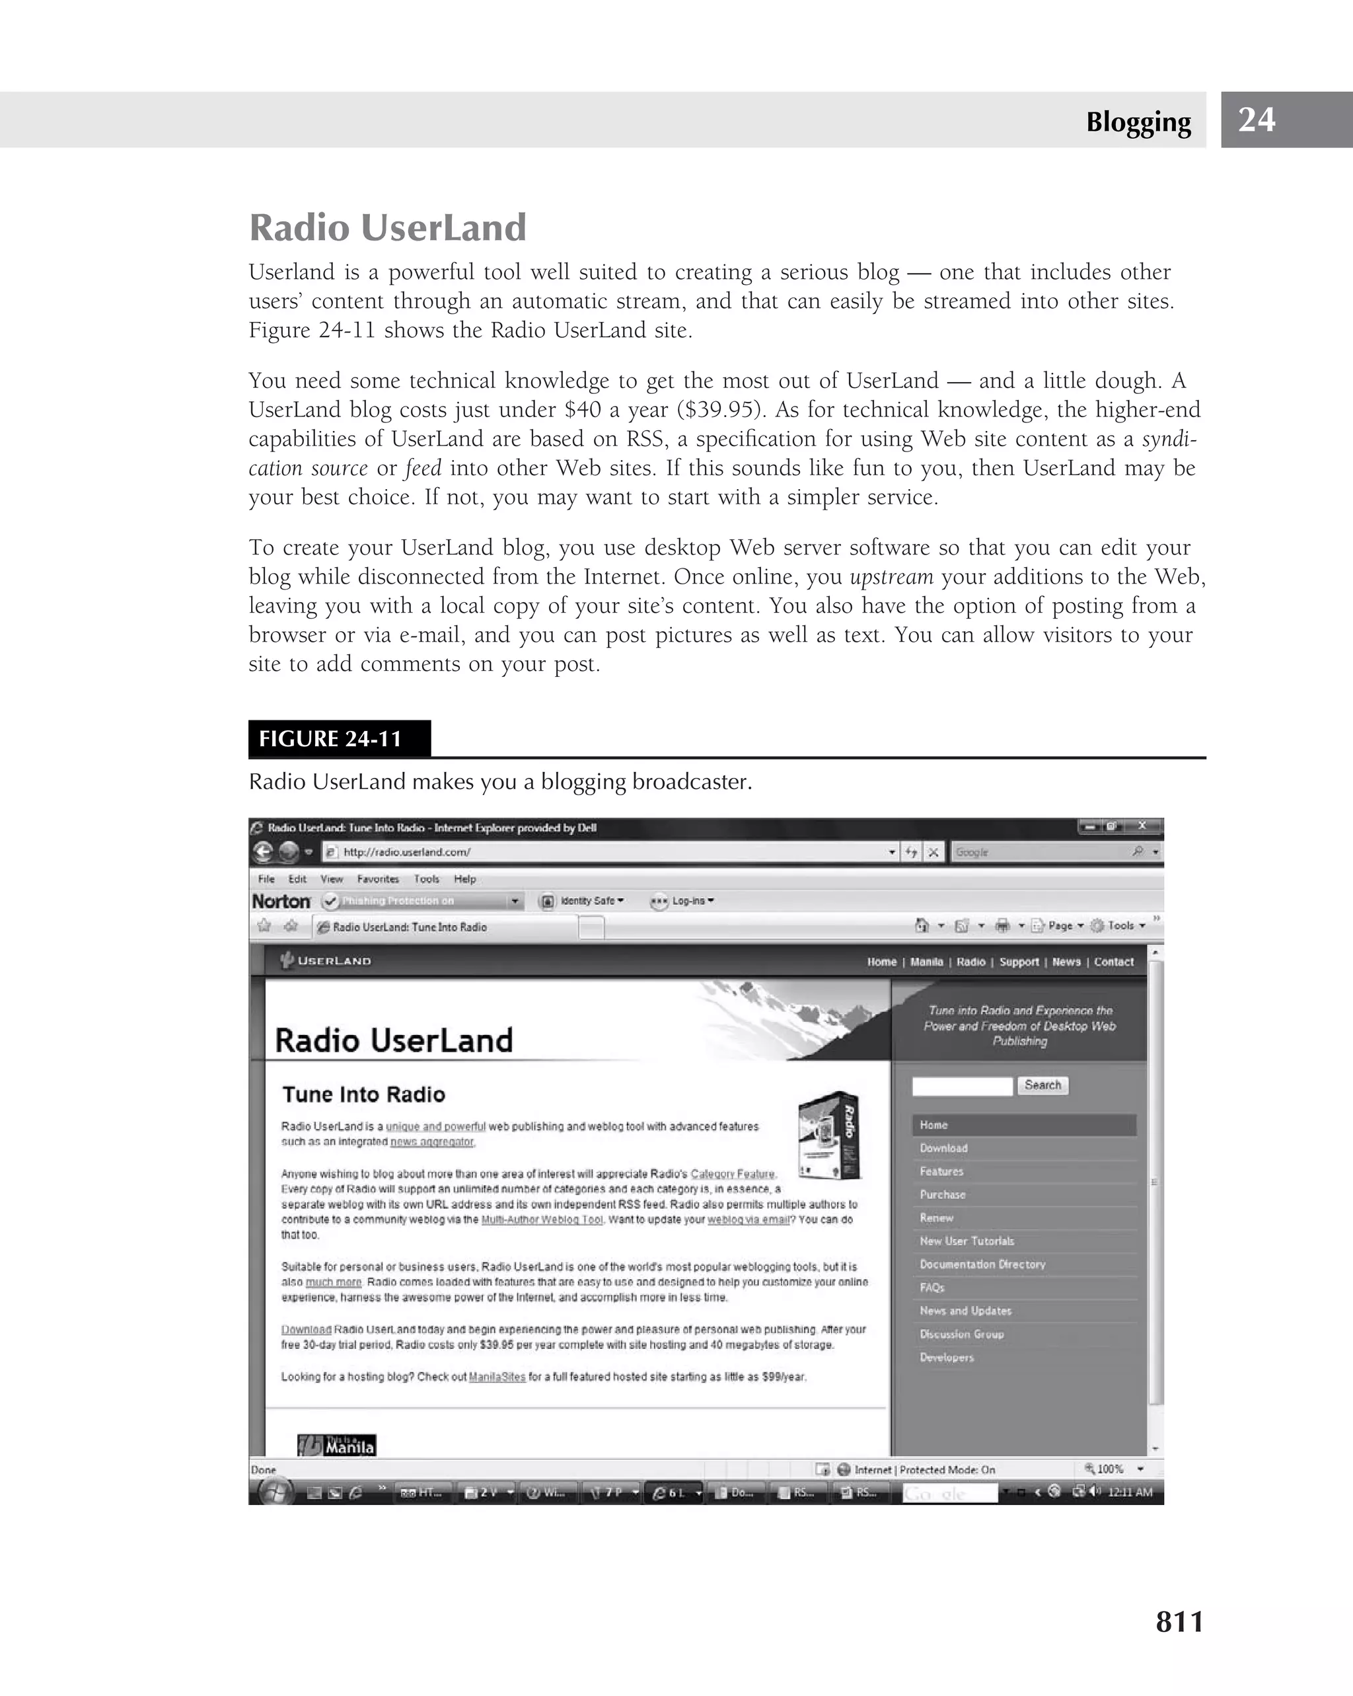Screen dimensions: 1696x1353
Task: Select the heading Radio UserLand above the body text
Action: (388, 227)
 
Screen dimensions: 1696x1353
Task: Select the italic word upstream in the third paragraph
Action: (891, 576)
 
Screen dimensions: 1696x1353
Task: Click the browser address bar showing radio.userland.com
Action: (605, 852)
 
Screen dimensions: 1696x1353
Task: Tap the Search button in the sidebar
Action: (1042, 1085)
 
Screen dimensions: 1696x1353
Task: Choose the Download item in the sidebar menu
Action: (943, 1149)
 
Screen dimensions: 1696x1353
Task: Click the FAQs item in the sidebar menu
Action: (932, 1288)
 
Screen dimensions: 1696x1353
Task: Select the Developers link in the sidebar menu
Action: (947, 1358)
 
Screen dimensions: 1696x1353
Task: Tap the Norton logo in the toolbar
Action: (281, 902)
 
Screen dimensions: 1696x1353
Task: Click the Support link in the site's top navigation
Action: (1019, 962)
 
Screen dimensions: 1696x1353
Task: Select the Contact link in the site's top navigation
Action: (1113, 962)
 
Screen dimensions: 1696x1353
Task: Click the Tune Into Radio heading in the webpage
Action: (363, 1095)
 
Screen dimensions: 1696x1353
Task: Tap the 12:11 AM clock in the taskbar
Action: (1129, 1492)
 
